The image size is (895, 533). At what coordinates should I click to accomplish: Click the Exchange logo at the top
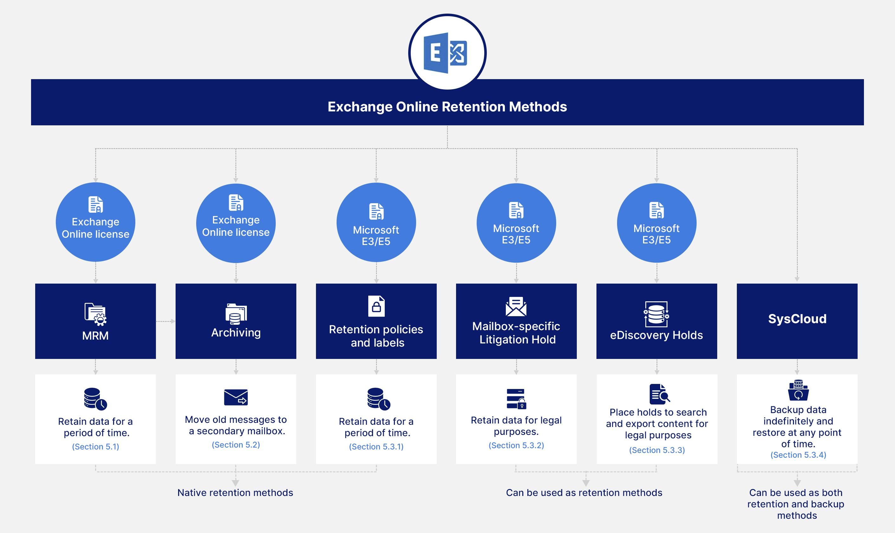[x=447, y=53]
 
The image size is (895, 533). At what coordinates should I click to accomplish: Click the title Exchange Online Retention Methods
[x=447, y=107]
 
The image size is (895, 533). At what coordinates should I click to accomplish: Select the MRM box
[x=95, y=321]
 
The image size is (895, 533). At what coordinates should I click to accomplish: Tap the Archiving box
[x=235, y=321]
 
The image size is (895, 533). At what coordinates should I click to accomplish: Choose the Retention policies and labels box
[x=376, y=321]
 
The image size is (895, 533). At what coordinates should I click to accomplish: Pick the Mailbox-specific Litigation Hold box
[x=516, y=321]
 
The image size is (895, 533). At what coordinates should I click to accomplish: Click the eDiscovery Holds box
[x=657, y=321]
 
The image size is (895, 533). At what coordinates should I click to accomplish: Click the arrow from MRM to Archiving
[x=166, y=321]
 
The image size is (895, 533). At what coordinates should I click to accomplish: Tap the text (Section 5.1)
[x=95, y=447]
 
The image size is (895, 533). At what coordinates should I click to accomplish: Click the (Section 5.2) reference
[x=235, y=445]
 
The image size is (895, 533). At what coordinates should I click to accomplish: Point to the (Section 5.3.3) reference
[x=657, y=450]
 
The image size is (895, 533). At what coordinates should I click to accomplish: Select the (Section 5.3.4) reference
[x=798, y=455]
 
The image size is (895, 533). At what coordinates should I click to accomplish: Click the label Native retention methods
[x=235, y=492]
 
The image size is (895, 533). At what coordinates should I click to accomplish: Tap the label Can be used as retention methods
[x=584, y=492]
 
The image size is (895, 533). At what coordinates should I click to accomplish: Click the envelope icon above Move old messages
[x=235, y=397]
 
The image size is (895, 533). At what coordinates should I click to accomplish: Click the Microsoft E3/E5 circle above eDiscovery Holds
[x=657, y=223]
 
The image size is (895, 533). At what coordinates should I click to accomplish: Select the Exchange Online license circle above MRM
[x=95, y=222]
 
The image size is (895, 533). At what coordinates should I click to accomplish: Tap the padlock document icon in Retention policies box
[x=376, y=306]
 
